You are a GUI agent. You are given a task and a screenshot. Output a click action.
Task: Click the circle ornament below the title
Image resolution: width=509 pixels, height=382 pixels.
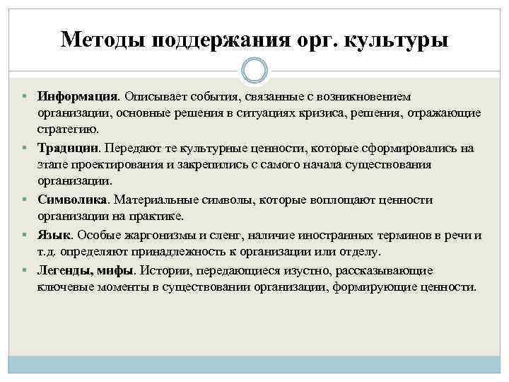(x=254, y=71)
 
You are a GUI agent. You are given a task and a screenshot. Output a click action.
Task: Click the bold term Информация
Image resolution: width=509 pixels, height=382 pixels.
(x=78, y=95)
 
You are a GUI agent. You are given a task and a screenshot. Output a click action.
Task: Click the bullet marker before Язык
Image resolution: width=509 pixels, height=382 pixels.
(x=24, y=235)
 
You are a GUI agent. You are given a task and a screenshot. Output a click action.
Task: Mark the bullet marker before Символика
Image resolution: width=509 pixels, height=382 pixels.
(x=24, y=200)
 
